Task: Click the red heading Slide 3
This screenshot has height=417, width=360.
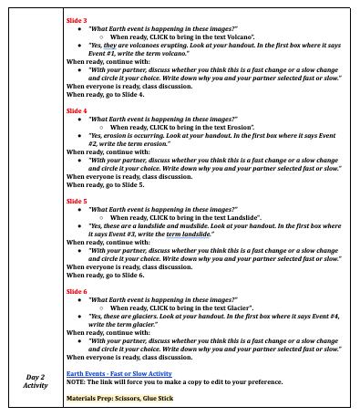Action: point(77,18)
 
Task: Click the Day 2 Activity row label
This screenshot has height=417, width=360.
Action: point(35,380)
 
